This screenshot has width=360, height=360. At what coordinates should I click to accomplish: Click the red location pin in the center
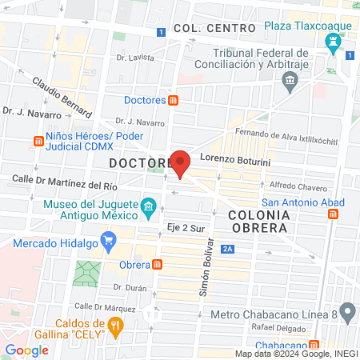[x=181, y=163]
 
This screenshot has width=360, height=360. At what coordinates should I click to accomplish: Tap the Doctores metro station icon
[x=173, y=101]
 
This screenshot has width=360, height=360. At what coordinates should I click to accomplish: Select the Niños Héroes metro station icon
[x=37, y=142]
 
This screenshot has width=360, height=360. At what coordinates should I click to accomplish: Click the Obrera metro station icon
[x=158, y=265]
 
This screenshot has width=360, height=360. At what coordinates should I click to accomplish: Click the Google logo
[x=26, y=350]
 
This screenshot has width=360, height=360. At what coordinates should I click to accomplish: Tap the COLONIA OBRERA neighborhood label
[x=258, y=222]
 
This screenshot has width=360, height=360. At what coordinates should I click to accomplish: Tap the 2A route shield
[x=230, y=250]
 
